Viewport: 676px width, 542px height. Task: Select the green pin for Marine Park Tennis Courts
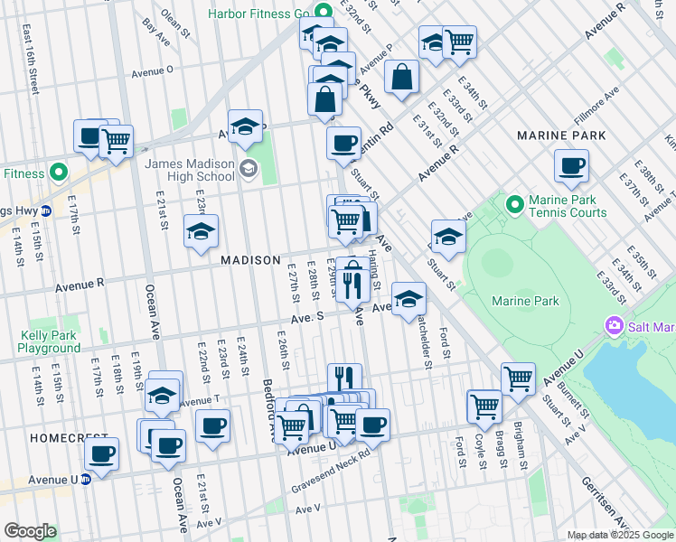[x=515, y=205]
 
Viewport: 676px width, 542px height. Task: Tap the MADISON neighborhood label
[x=250, y=260]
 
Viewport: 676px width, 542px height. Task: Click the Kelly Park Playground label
[x=50, y=341]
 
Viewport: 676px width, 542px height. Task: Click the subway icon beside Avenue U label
[x=87, y=480]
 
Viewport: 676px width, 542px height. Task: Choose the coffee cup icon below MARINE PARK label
[x=572, y=166]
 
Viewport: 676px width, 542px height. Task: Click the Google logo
[x=30, y=531]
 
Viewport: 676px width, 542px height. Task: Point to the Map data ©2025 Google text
[x=619, y=535]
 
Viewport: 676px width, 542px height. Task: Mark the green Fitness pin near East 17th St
[x=59, y=172]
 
